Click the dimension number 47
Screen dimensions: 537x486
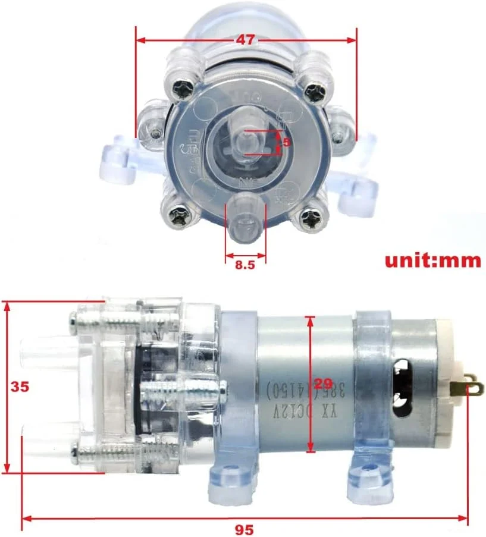click(x=245, y=40)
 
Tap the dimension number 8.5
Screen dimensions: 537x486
click(x=244, y=265)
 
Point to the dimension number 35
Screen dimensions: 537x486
click(x=20, y=387)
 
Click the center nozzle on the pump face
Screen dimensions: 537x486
click(x=246, y=143)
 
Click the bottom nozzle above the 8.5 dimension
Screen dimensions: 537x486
click(x=244, y=222)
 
